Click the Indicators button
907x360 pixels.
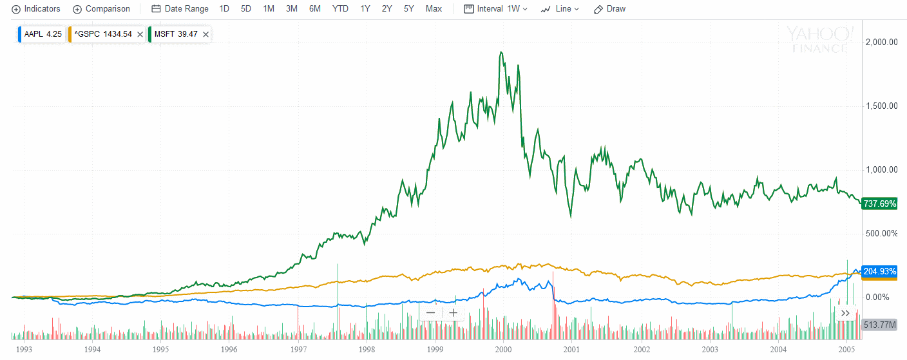point(37,9)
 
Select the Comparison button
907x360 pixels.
point(102,9)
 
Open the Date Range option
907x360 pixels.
point(180,9)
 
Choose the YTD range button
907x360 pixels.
point(340,9)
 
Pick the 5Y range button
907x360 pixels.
point(409,9)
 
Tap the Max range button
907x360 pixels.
point(434,9)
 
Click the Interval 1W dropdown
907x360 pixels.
point(496,9)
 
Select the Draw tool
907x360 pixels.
point(609,9)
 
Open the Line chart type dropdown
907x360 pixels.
point(560,9)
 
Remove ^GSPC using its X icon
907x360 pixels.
point(140,34)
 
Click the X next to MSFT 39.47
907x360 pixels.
point(205,34)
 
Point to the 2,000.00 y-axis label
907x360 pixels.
point(881,43)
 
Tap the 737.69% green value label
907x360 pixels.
point(879,204)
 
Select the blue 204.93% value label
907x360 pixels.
point(879,271)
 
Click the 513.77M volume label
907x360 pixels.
point(879,325)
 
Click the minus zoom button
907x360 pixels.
point(431,313)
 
